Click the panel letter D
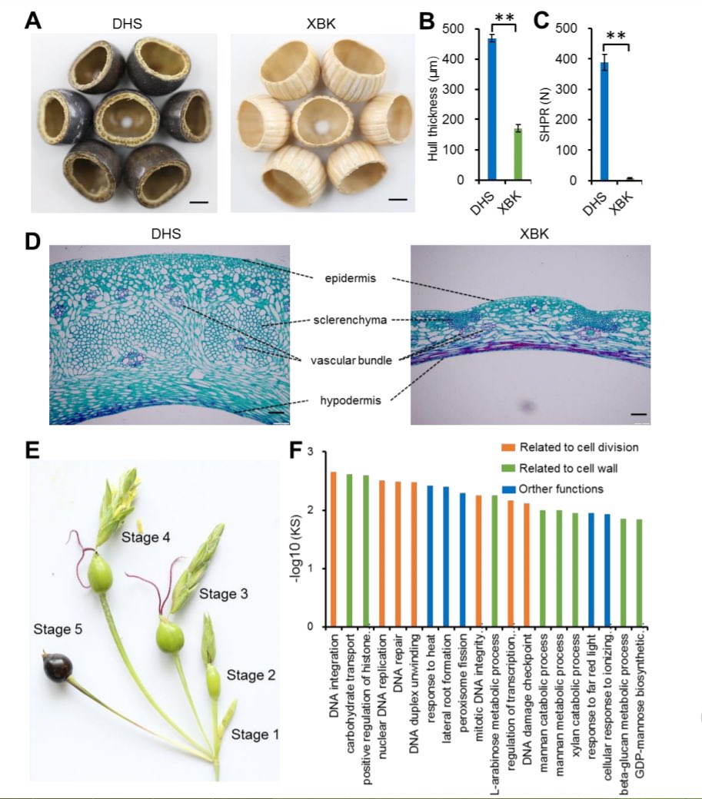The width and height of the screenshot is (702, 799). point(33,243)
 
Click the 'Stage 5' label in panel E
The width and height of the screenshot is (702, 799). point(55,628)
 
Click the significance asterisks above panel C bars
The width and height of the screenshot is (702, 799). point(617,36)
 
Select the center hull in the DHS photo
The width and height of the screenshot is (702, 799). point(127,121)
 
